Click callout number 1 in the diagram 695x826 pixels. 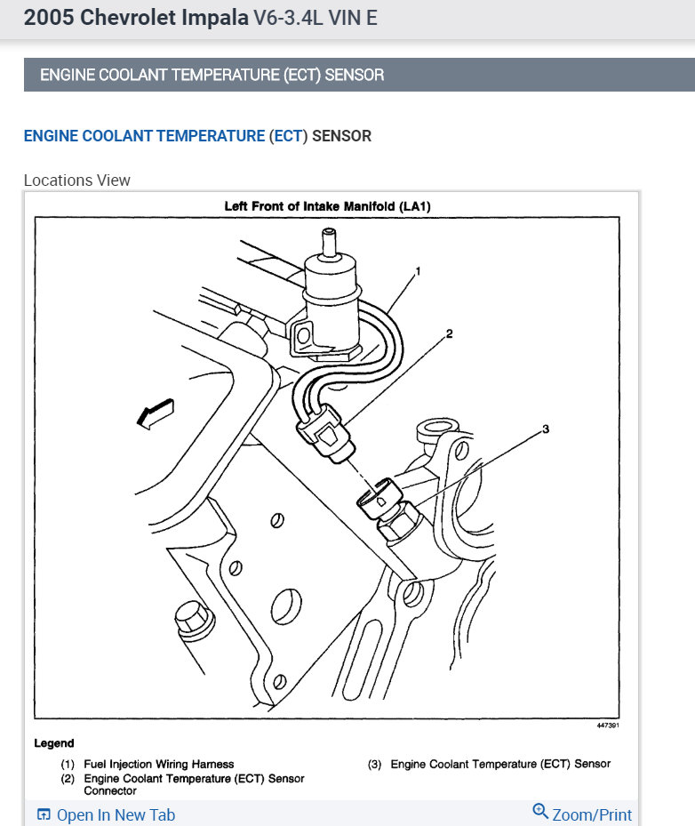tap(418, 270)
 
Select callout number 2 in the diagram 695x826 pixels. tap(450, 334)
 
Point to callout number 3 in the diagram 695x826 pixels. tap(546, 429)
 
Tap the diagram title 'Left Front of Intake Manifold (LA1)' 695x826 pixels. tap(327, 206)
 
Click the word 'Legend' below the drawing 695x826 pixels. tap(54, 743)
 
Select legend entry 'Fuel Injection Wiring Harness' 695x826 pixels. tap(158, 764)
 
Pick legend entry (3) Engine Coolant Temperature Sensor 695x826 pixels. tap(499, 764)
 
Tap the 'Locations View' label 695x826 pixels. tap(77, 180)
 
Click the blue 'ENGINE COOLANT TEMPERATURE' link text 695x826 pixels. tap(144, 136)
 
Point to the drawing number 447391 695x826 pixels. tap(608, 726)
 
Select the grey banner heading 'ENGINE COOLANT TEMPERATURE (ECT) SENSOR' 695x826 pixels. tap(212, 75)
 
